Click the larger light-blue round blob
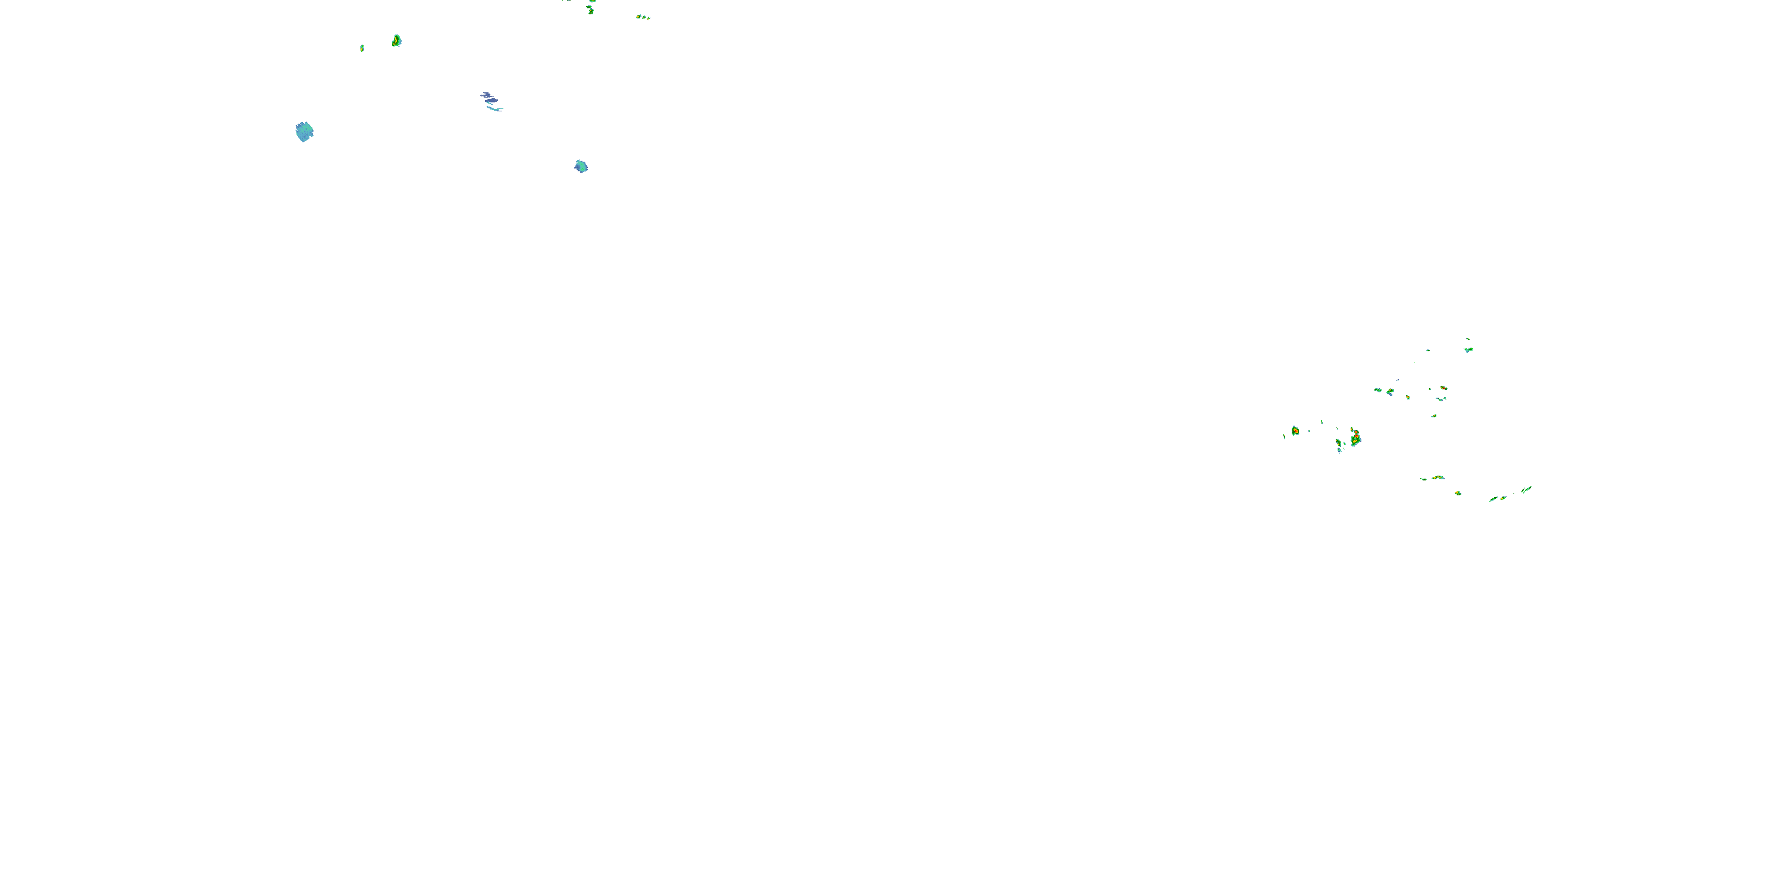tap(304, 132)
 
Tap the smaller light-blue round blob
tap(581, 167)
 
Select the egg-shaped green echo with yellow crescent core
tap(396, 41)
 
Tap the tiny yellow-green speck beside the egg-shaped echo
tap(362, 48)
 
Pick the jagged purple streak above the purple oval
tap(487, 94)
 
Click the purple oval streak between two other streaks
tap(491, 101)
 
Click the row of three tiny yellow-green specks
tap(643, 17)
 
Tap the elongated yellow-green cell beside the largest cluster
tap(1339, 443)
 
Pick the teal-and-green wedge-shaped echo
tap(1468, 349)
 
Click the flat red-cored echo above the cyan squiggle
tap(1443, 388)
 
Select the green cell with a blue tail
tap(1390, 392)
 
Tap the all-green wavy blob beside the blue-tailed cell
tap(1377, 390)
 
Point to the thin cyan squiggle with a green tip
tap(1440, 399)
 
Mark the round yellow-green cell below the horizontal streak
tap(1458, 493)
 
